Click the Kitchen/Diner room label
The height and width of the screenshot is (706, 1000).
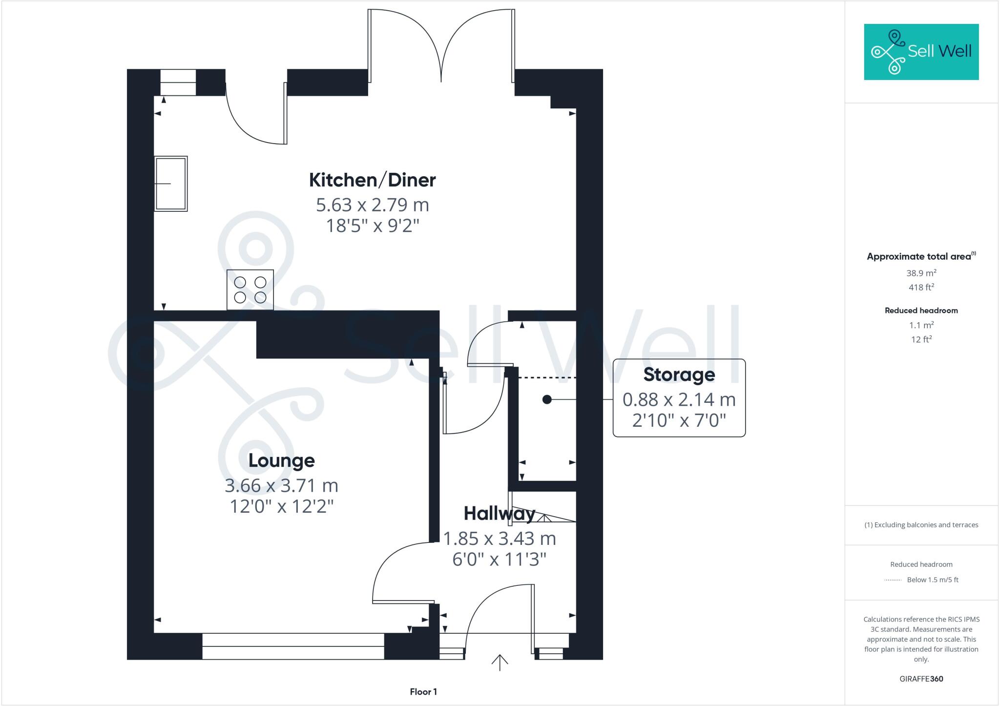point(372,180)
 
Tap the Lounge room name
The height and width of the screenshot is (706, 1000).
point(281,460)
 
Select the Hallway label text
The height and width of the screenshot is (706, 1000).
point(499,514)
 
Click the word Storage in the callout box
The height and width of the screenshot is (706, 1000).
point(679,374)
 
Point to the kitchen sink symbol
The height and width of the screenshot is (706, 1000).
point(171,184)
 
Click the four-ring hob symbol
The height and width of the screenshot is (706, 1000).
point(250,290)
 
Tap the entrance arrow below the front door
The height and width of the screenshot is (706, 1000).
point(500,663)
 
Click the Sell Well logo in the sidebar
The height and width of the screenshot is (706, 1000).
point(921,52)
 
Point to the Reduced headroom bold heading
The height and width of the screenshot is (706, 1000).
point(921,311)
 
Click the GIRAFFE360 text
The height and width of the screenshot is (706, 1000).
point(921,679)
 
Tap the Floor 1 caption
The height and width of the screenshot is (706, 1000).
point(423,692)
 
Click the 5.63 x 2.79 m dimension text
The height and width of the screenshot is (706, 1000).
point(372,205)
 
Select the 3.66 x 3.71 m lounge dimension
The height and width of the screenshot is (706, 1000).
point(281,486)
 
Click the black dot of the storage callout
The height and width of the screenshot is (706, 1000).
point(547,399)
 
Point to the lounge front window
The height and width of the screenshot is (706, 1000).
point(293,646)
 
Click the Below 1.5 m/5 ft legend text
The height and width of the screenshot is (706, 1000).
point(932,580)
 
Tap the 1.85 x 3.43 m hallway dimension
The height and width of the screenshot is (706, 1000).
point(499,539)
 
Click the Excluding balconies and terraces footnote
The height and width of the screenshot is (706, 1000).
point(921,525)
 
